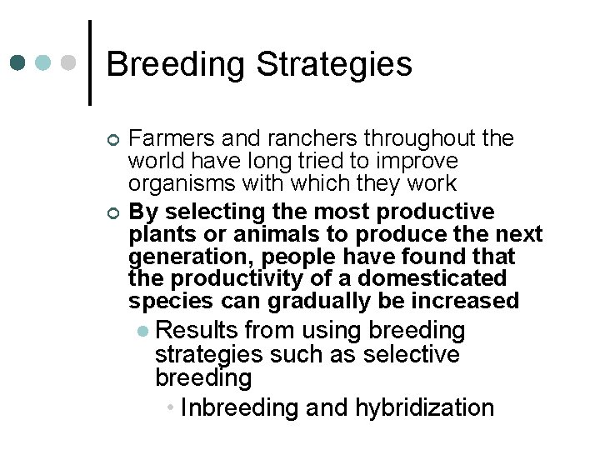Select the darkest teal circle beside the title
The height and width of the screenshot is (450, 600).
coord(18,63)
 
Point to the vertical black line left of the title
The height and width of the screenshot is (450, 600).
coord(89,62)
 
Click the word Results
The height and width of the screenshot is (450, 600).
coord(196,331)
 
